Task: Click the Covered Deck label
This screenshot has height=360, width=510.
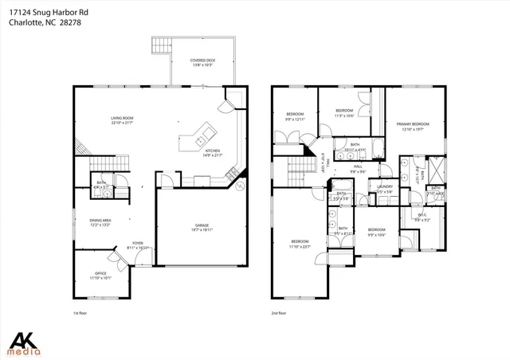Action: coord(200,63)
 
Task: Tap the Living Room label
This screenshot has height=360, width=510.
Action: coord(122,121)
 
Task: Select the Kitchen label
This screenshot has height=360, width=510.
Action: coord(213,152)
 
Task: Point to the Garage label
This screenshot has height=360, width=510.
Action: coord(202,227)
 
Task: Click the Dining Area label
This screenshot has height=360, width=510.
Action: coord(100,222)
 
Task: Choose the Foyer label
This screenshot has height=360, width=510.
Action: coord(138,245)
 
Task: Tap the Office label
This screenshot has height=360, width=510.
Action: coord(100,276)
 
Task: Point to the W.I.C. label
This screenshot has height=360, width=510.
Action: coord(422,217)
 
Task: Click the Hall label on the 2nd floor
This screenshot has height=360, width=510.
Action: coord(358,168)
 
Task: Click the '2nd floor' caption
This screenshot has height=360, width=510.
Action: coord(279,314)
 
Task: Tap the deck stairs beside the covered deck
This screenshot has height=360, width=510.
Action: coord(163,45)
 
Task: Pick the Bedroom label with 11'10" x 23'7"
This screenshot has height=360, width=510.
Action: coord(299,243)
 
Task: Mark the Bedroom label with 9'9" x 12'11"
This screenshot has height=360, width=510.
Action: coord(295,116)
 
